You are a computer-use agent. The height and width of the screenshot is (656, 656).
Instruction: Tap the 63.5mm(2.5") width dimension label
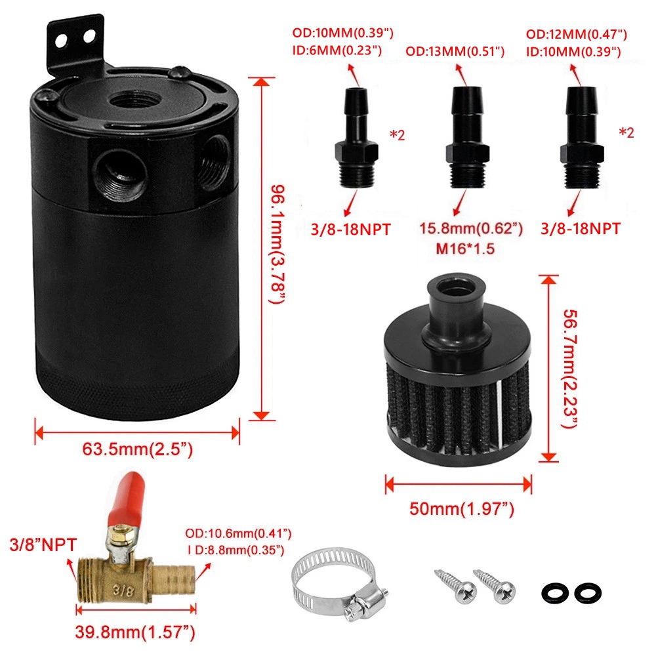(x=137, y=451)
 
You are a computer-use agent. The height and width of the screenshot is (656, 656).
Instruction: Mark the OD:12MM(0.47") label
(x=577, y=34)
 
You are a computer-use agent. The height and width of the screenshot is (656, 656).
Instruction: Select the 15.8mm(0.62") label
(x=471, y=229)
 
